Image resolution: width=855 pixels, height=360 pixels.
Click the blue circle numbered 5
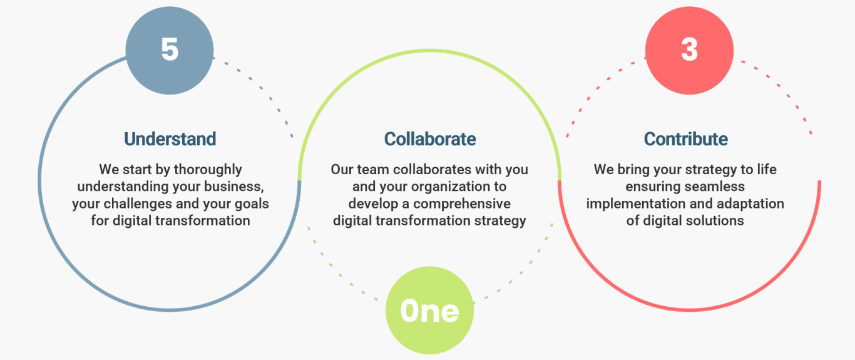(170, 50)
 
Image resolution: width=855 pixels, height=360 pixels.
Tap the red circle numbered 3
(689, 50)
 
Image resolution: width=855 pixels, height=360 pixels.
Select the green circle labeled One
(429, 311)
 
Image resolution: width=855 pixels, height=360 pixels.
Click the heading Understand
(170, 139)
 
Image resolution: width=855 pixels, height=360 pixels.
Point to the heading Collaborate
(430, 139)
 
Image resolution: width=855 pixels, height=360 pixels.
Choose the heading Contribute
(685, 139)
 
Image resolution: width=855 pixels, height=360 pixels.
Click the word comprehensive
(462, 204)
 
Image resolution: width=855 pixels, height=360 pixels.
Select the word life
(767, 170)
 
